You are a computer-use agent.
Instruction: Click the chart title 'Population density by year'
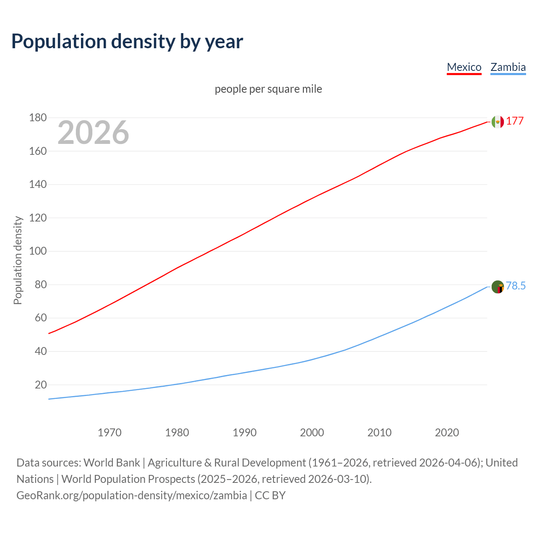click(127, 42)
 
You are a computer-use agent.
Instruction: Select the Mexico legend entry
click(464, 67)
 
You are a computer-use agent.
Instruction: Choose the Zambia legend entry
click(508, 67)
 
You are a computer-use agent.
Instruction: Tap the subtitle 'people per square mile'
click(268, 89)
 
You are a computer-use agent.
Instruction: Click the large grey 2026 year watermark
click(93, 133)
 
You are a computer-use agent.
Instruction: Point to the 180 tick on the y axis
click(38, 118)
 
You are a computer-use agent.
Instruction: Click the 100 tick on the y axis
click(38, 251)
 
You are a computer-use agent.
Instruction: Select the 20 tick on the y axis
click(41, 385)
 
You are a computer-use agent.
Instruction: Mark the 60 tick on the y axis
click(41, 318)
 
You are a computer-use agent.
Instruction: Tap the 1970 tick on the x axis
click(109, 433)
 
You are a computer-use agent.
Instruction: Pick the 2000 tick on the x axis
click(312, 433)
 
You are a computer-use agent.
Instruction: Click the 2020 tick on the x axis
click(447, 433)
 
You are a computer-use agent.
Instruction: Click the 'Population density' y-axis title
click(18, 260)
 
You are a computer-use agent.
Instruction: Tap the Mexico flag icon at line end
click(498, 122)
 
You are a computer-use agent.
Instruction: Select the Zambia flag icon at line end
click(498, 287)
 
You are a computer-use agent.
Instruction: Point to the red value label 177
click(515, 121)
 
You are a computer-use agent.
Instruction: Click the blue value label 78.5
click(516, 286)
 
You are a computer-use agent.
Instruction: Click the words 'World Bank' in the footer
click(112, 463)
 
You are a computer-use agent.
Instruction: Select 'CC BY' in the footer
click(270, 495)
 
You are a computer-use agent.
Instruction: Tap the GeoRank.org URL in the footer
click(132, 495)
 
